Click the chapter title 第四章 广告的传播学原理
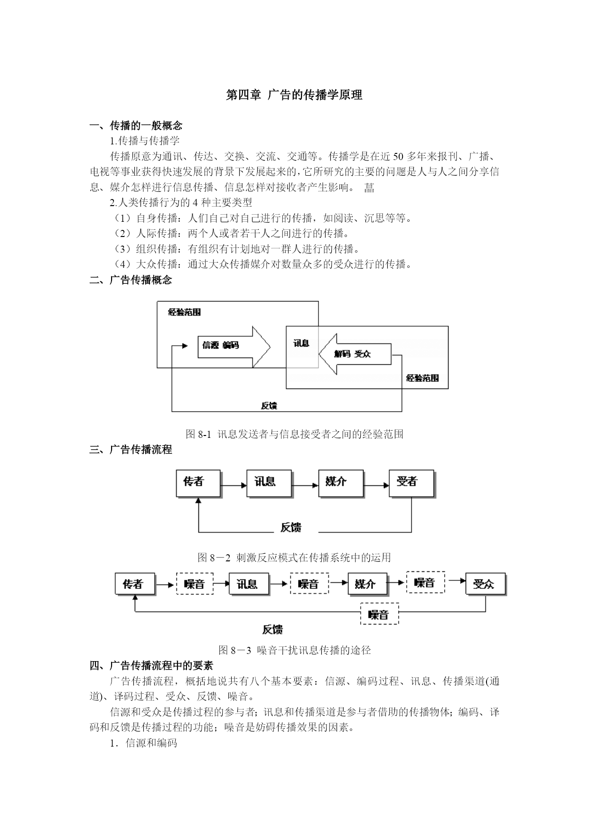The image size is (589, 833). point(294,95)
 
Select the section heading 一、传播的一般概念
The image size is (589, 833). point(136,125)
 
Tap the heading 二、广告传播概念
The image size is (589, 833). point(131,280)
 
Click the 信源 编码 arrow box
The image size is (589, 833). point(234,347)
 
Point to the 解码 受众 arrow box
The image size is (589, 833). point(355,354)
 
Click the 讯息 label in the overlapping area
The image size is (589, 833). point(301,343)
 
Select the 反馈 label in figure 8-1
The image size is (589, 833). point(269,406)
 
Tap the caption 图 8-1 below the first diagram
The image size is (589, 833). point(294,434)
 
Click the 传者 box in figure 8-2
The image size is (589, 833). point(199,484)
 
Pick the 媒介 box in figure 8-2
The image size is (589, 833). point(341,484)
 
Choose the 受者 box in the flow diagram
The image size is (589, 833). point(412,484)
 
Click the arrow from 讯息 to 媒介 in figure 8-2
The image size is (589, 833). point(305,485)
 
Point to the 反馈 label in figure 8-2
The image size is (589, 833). point(290,527)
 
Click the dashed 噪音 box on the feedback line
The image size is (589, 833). point(379,614)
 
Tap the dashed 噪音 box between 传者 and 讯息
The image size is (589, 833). point(195,584)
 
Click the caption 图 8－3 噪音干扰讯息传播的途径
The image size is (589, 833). point(294,650)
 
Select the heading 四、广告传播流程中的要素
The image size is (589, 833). point(151,665)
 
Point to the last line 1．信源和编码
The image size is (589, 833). point(143,743)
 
